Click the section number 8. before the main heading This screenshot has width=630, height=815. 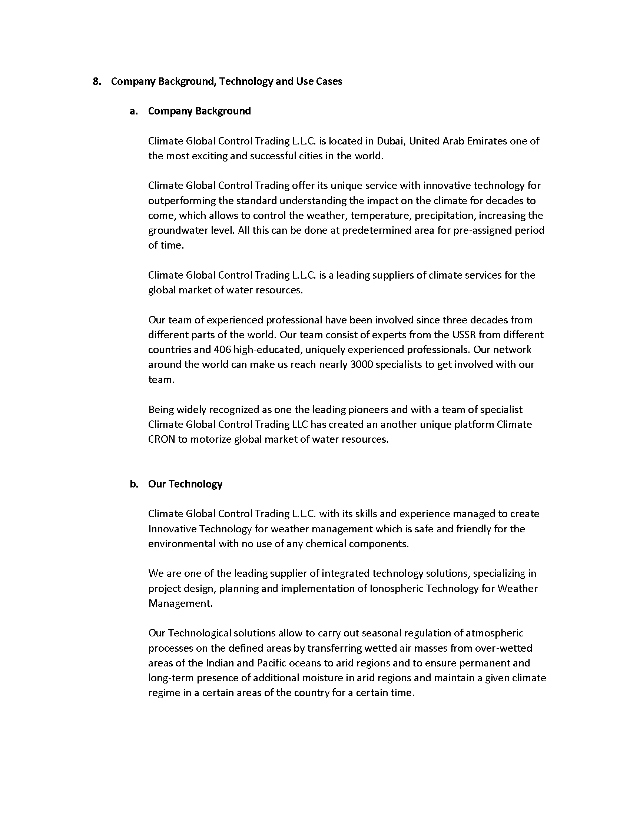click(x=97, y=81)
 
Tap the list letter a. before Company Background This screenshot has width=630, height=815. click(x=134, y=111)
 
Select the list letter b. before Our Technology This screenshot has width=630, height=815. click(x=134, y=484)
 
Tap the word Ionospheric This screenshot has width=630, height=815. click(x=396, y=589)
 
